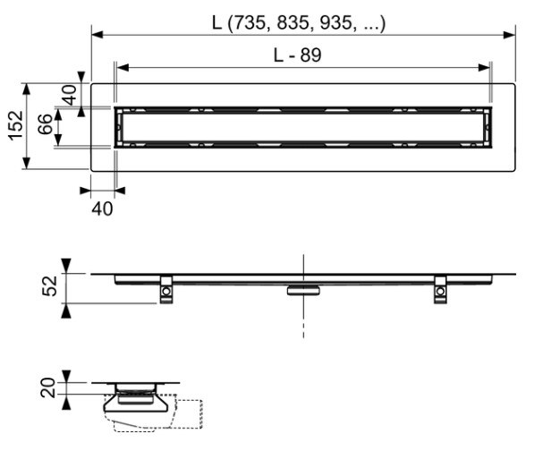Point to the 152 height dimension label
[x=13, y=126]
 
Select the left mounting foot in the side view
[x=166, y=290]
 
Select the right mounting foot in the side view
[x=440, y=290]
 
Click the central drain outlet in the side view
[x=303, y=289]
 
